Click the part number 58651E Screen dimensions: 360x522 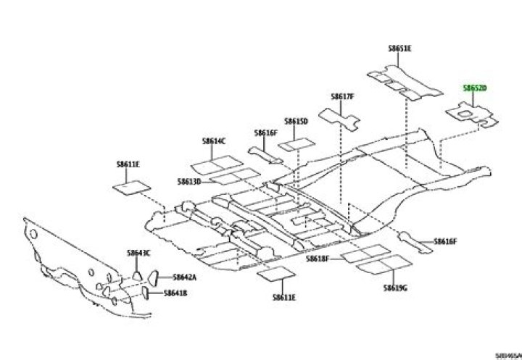click(399, 49)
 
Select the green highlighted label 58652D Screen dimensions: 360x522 click(475, 88)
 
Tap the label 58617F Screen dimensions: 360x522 click(342, 96)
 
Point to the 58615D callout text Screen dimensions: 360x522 click(296, 121)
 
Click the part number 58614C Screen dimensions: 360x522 click(215, 141)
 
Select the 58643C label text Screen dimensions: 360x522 click(138, 253)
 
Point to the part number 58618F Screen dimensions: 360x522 click(317, 259)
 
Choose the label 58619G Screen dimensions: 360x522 click(395, 288)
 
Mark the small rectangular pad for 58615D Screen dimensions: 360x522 click(295, 144)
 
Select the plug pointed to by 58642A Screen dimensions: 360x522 click(154, 277)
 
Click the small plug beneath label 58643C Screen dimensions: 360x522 click(136, 274)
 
